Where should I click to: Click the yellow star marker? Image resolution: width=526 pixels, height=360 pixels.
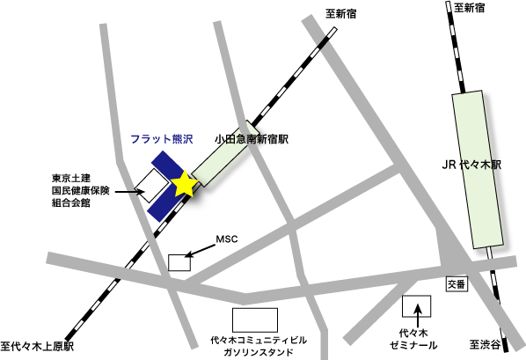click(x=184, y=184)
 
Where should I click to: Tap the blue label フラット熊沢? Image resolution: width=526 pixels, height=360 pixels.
click(x=166, y=139)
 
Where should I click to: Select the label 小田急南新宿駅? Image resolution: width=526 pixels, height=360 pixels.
click(x=252, y=139)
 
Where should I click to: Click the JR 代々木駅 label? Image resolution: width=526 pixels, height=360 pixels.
click(x=471, y=165)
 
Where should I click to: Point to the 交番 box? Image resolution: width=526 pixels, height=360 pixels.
click(x=454, y=285)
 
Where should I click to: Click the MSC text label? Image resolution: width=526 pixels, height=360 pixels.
click(x=228, y=239)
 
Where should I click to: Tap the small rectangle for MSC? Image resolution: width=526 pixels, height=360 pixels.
click(x=179, y=261)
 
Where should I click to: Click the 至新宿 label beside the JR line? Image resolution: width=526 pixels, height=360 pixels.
click(x=475, y=8)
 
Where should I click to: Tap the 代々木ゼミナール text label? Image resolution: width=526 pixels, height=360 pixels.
click(x=413, y=340)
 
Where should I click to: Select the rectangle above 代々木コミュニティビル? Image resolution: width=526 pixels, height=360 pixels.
click(x=254, y=319)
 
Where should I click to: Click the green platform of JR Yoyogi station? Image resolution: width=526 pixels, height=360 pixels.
click(x=476, y=167)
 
